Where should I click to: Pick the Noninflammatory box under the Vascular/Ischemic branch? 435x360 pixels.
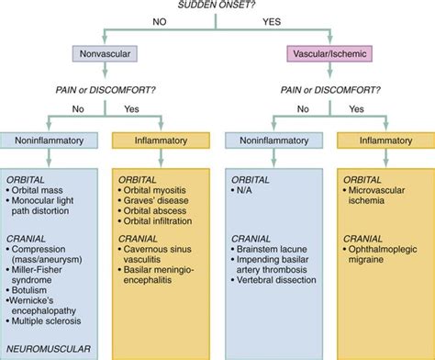(270, 141)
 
